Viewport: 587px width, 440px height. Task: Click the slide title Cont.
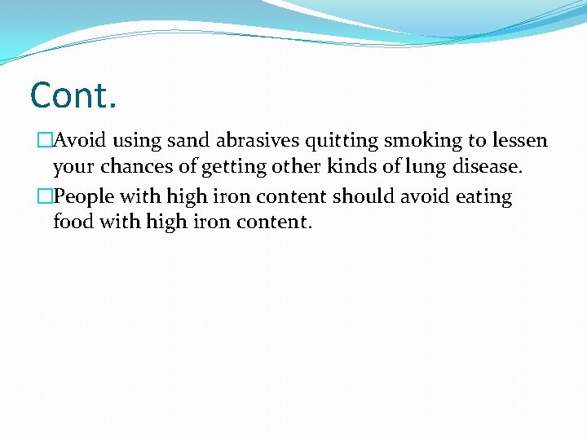click(73, 95)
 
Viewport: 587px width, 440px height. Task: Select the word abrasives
click(257, 141)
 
